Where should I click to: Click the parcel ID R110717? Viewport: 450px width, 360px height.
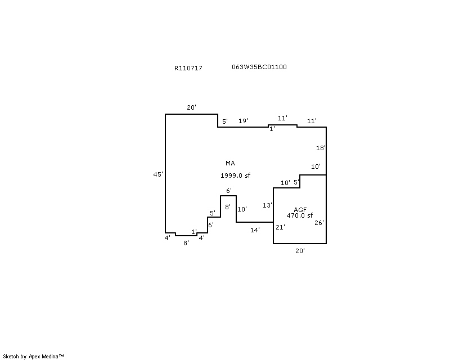pos(188,68)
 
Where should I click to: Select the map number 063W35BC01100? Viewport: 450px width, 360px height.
pos(259,67)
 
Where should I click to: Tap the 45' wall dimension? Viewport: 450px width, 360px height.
pos(158,174)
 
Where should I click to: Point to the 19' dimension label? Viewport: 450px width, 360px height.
pos(243,121)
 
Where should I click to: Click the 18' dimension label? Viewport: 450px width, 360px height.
pos(321,148)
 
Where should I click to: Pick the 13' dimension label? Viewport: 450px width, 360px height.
pos(267,205)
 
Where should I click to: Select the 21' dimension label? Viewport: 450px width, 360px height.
pos(280,227)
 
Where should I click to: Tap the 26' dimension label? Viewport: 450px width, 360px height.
pos(319,223)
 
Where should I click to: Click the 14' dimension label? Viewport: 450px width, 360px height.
pos(255,230)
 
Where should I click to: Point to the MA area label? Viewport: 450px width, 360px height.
pos(230,163)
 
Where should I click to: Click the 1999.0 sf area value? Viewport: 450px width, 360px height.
pos(235,175)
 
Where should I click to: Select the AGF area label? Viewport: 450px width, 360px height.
pos(300,210)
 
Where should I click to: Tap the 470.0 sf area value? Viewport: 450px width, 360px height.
pos(300,215)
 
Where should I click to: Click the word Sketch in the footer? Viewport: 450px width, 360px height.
pos(11,357)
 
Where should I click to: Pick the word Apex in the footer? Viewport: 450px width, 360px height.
pos(34,357)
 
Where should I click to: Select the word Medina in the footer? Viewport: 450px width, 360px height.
pos(50,357)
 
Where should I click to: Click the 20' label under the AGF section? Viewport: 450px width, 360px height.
pos(300,251)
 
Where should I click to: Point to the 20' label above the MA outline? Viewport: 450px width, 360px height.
pos(191,107)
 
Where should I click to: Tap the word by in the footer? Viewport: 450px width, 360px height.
pos(24,357)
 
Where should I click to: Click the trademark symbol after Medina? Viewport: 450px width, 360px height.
pos(61,355)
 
